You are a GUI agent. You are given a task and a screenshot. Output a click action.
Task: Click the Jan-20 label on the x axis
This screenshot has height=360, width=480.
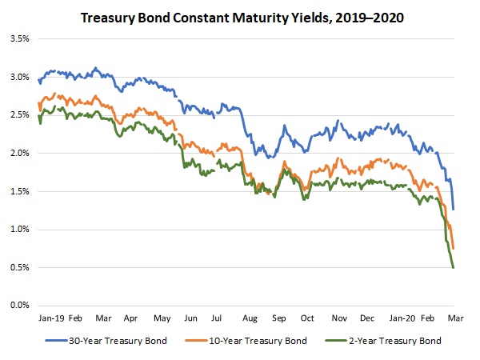[x=401, y=318]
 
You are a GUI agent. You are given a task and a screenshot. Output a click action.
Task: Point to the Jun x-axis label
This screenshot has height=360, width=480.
[x=190, y=318]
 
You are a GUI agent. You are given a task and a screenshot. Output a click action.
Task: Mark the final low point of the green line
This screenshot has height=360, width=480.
[x=454, y=267]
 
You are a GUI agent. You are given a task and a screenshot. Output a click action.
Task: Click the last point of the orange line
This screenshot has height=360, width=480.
[x=454, y=248]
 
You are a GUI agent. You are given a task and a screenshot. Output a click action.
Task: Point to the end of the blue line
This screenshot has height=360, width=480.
[x=454, y=210]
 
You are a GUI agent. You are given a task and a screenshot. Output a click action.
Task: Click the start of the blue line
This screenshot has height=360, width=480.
[x=38, y=78]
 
